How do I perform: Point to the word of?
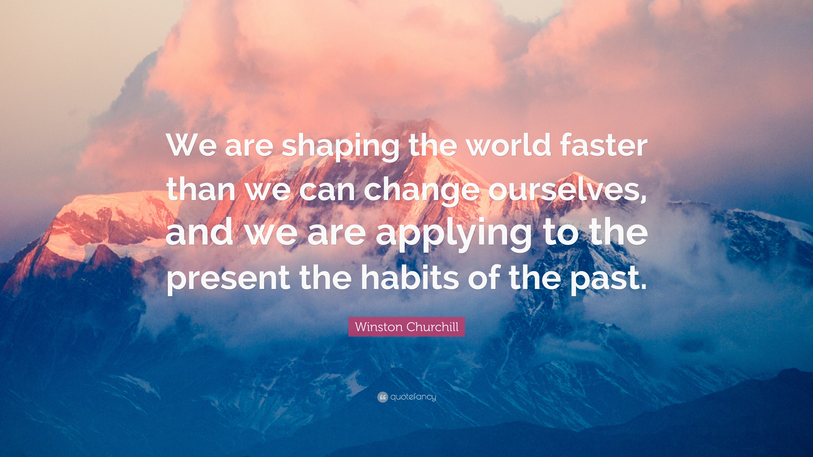pyautogui.click(x=484, y=278)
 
